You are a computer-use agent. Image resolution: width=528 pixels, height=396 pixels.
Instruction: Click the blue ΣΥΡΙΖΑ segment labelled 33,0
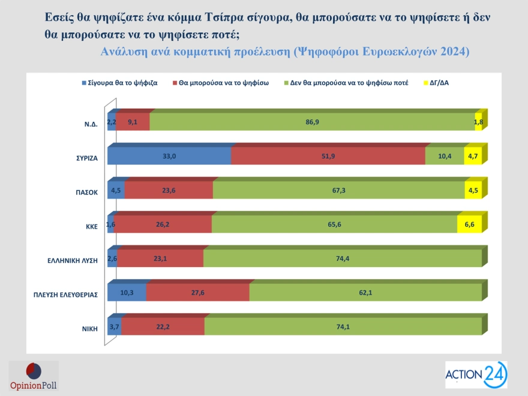click(x=169, y=156)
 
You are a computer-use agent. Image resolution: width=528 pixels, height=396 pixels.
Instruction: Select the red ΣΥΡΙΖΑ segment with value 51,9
click(x=328, y=156)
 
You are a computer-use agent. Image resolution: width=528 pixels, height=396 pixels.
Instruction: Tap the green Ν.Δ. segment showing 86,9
click(x=312, y=122)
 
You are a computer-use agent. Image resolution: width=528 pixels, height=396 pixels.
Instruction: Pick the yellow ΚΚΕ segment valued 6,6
click(x=469, y=224)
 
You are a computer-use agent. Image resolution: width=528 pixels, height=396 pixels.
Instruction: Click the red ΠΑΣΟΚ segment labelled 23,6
click(x=169, y=190)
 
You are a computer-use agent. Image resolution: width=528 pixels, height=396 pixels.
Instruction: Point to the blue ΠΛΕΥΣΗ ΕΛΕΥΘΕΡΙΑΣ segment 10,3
click(x=127, y=292)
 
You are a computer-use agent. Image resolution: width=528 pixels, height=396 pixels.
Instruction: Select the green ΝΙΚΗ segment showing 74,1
click(x=343, y=326)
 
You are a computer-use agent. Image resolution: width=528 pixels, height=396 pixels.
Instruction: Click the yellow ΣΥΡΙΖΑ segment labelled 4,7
click(x=473, y=156)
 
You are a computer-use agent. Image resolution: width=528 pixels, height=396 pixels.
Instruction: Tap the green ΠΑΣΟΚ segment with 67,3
click(x=338, y=190)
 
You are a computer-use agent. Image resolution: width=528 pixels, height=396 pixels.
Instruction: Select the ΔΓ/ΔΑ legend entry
click(x=436, y=83)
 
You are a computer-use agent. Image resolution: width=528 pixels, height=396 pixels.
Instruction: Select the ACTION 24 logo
click(x=476, y=375)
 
